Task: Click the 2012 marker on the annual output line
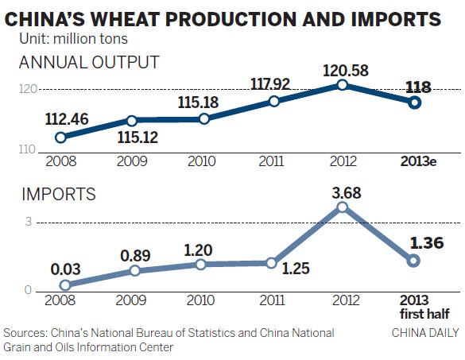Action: pos(343,85)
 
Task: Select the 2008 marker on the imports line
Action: pos(65,285)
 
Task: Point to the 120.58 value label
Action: pos(343,67)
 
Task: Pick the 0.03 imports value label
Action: pos(64,266)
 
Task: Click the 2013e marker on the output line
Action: pos(413,102)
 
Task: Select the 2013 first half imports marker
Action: pos(413,261)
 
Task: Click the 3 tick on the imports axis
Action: pos(28,223)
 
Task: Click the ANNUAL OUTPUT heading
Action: pos(89,62)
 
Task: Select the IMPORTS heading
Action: pos(57,193)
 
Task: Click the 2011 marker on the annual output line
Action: pos(274,101)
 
